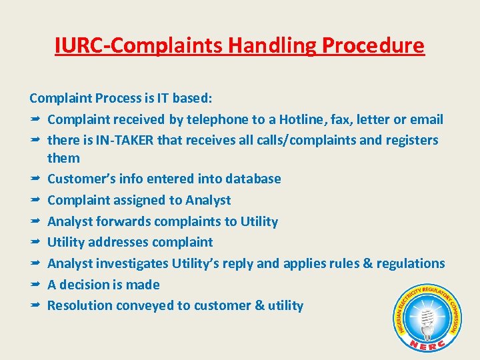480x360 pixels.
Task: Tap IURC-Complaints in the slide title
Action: [139, 46]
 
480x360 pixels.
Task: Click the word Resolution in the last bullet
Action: [80, 305]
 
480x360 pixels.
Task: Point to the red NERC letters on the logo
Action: [427, 344]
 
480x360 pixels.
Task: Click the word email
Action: [427, 120]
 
